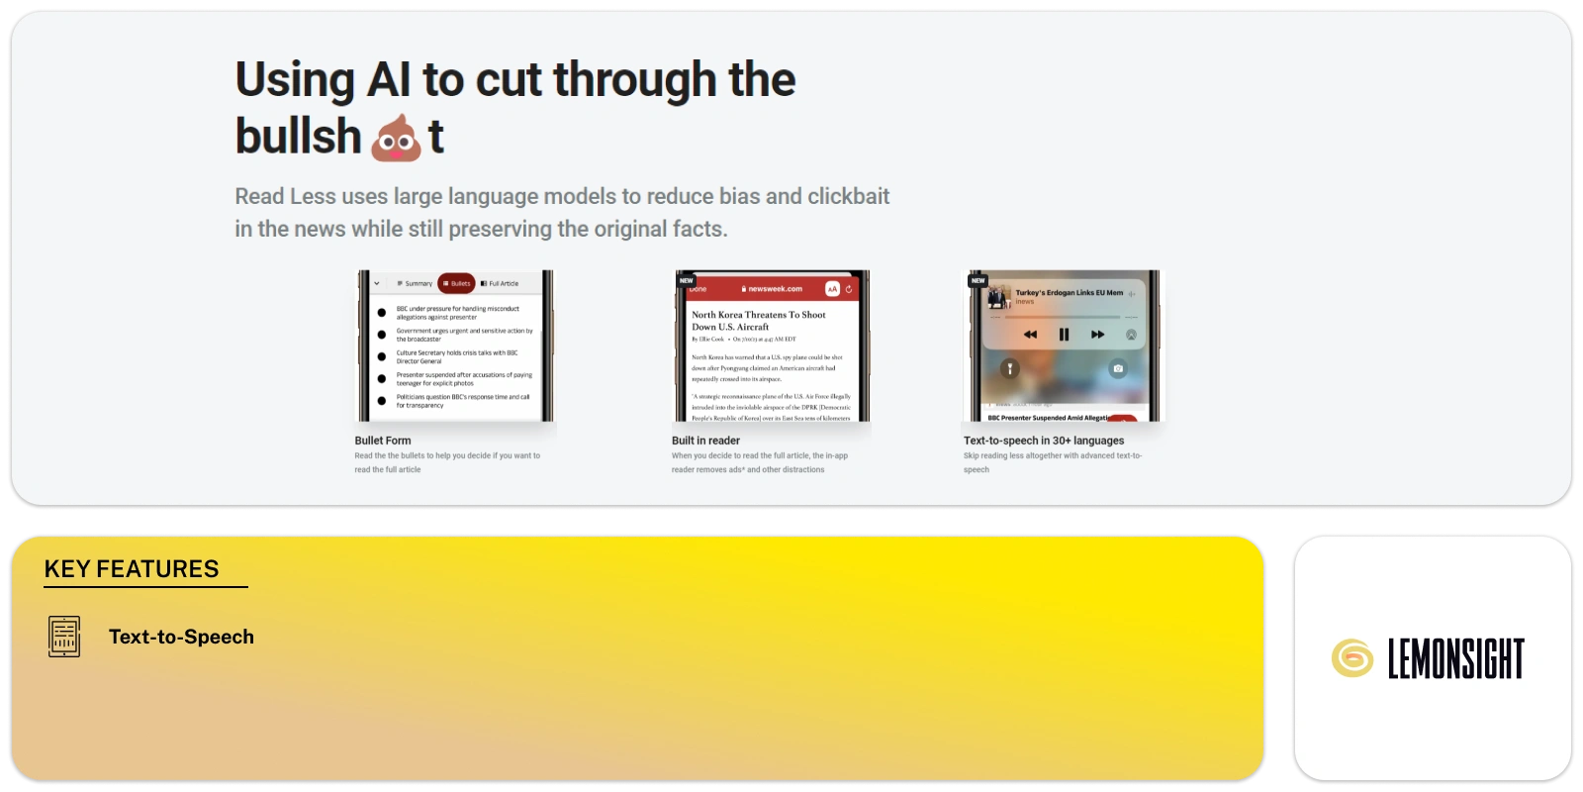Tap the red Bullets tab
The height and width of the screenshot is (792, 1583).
pyautogui.click(x=457, y=283)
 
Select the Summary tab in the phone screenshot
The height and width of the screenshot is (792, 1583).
pyautogui.click(x=415, y=283)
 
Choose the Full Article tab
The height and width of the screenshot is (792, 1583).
pyautogui.click(x=500, y=283)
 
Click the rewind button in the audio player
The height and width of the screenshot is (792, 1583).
pyautogui.click(x=1030, y=335)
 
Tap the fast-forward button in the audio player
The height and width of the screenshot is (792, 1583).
pyautogui.click(x=1097, y=335)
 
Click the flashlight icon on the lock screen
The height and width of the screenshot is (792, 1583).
pyautogui.click(x=1009, y=368)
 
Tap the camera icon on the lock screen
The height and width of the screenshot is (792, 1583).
pyautogui.click(x=1118, y=368)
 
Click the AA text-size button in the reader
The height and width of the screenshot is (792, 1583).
pyautogui.click(x=832, y=289)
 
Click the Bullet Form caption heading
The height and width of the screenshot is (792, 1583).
pyautogui.click(x=383, y=441)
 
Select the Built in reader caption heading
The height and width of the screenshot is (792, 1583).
pyautogui.click(x=705, y=441)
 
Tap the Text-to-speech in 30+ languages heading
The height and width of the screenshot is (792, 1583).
pyautogui.click(x=1044, y=441)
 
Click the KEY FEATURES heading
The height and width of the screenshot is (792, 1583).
pyautogui.click(x=132, y=569)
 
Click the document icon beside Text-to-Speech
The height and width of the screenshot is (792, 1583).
pyautogui.click(x=64, y=637)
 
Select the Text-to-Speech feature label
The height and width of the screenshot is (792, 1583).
pyautogui.click(x=181, y=637)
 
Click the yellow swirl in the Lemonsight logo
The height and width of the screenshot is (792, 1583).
pyautogui.click(x=1351, y=658)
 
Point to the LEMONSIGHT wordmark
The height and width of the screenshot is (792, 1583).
pyautogui.click(x=1455, y=659)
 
